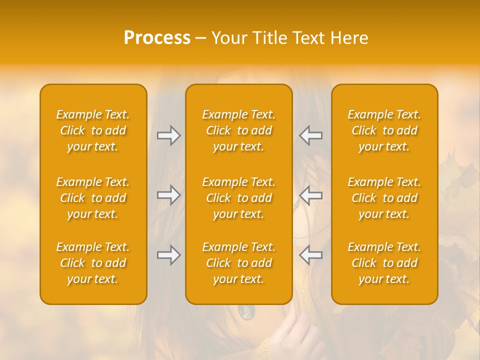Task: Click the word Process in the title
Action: point(157,37)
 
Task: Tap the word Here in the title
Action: point(348,38)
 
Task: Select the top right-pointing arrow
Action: point(168,135)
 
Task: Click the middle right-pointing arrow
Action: point(168,195)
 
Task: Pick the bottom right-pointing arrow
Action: point(168,255)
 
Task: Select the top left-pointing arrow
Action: point(311,135)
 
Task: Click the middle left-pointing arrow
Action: point(311,195)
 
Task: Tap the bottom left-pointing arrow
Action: point(311,255)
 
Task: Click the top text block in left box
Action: point(93,130)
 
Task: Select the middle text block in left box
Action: point(93,198)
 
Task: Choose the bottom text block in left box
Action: point(93,263)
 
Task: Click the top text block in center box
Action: point(238,130)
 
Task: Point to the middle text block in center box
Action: point(238,198)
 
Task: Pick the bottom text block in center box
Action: point(238,263)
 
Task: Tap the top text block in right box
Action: point(384,130)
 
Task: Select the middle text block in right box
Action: point(384,198)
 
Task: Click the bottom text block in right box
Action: point(384,263)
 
